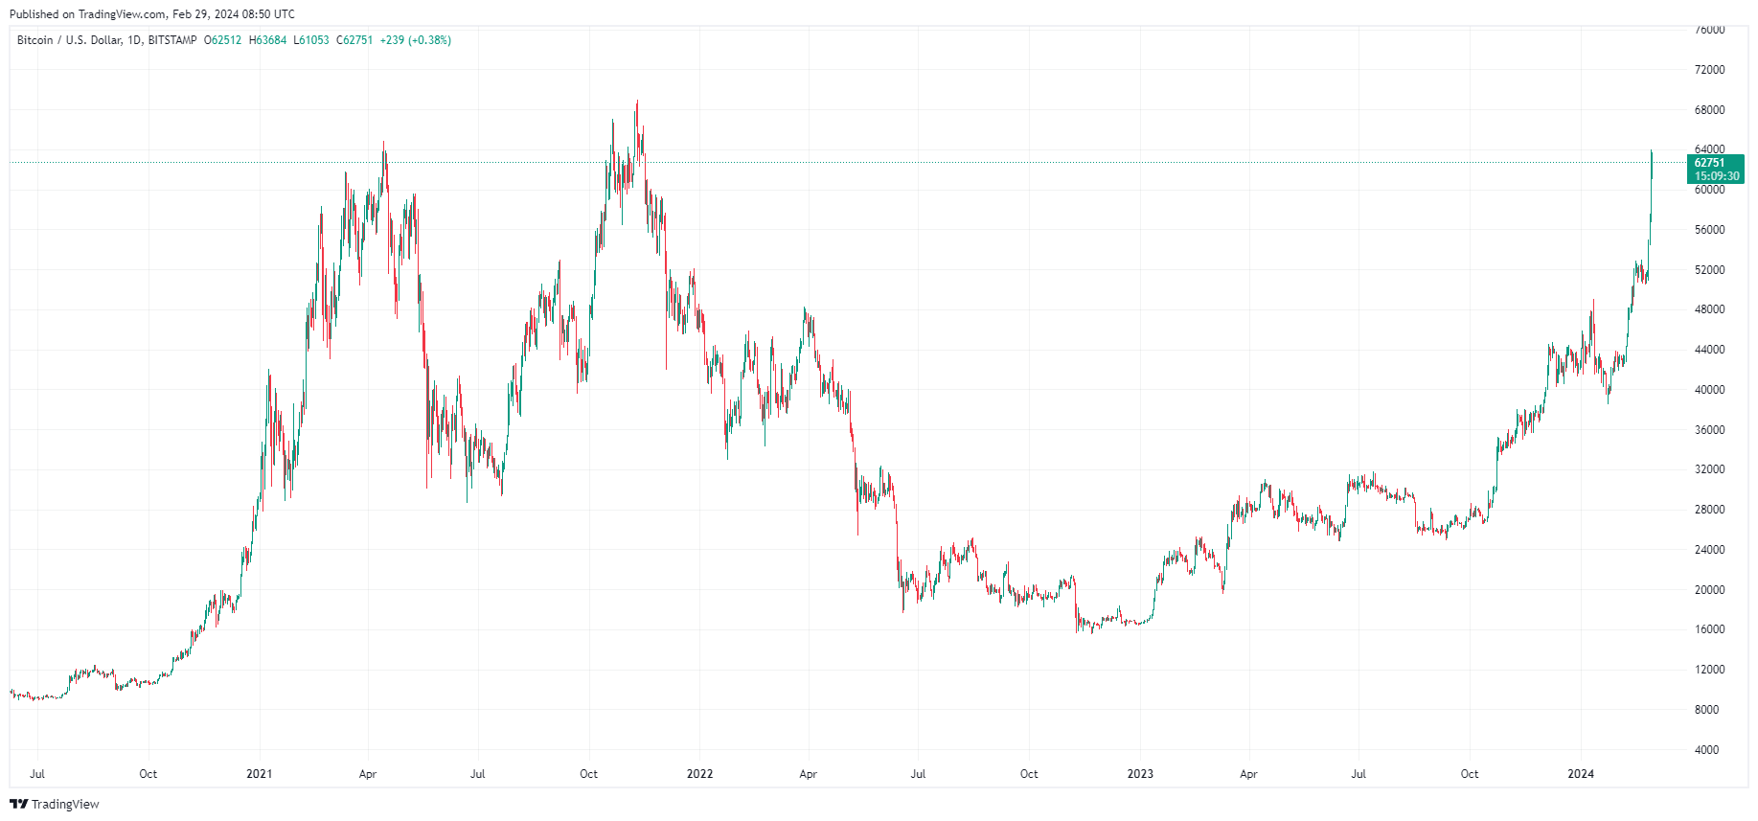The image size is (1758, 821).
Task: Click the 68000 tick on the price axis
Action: pos(1709,110)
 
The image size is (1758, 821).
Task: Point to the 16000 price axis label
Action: pos(1709,629)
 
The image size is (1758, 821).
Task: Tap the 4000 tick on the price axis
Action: pos(1706,750)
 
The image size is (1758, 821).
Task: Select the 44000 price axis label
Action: pos(1709,350)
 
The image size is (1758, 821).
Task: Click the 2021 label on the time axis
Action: pos(259,774)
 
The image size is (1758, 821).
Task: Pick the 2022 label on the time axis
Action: pos(699,774)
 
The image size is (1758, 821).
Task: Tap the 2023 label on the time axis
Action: pos(1140,774)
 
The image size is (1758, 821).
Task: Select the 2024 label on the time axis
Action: pos(1580,774)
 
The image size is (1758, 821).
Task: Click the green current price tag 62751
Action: pos(1709,163)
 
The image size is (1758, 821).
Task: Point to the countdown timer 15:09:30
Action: pos(1716,176)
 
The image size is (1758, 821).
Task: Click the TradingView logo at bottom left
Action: pos(55,804)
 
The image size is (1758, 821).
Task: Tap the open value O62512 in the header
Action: pos(223,40)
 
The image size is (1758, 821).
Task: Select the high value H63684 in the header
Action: pos(267,40)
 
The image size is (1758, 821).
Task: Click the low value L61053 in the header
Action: pos(311,40)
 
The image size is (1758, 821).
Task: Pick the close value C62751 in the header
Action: pos(354,40)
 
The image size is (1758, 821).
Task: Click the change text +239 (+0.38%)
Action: pos(416,40)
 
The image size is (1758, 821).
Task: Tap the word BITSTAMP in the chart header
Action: pos(172,40)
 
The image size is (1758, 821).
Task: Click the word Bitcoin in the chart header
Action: pos(35,40)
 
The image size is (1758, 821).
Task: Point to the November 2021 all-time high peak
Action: pos(637,103)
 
